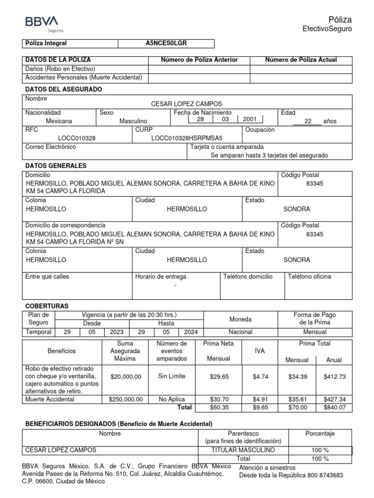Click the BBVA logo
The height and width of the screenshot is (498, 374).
tap(41, 22)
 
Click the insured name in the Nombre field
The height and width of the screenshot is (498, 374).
tap(187, 104)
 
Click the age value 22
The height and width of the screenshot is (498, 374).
tap(307, 121)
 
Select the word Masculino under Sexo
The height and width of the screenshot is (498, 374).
tap(133, 121)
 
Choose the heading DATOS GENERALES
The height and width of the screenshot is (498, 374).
tap(56, 166)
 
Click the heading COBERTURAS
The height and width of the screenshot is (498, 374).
tap(47, 306)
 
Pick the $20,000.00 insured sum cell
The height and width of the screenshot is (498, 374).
tap(126, 376)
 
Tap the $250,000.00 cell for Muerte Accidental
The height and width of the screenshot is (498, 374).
tap(126, 399)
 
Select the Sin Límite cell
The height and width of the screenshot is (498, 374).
tap(172, 376)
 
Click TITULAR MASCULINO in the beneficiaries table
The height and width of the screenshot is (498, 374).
tap(243, 450)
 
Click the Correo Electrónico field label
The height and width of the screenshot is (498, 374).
tap(51, 147)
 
